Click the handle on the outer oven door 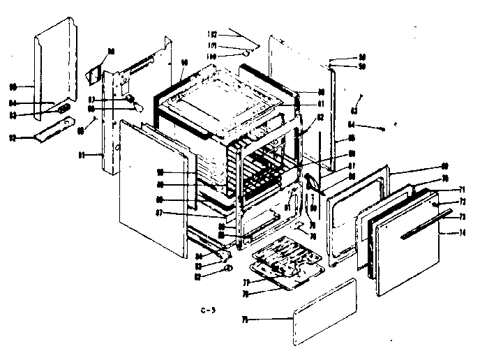click(x=423, y=226)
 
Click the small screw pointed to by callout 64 click(x=382, y=127)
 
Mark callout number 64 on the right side click(x=352, y=125)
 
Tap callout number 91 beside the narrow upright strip click(x=82, y=155)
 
